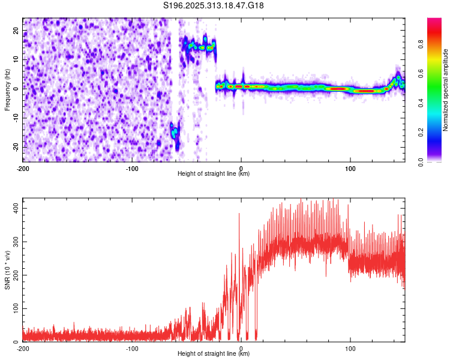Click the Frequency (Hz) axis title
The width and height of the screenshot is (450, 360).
pos(7,89)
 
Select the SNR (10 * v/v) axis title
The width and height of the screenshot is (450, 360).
pos(7,273)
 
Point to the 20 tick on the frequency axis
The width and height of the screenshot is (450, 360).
pos(16,30)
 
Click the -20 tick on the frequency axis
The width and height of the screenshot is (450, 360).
pos(14,147)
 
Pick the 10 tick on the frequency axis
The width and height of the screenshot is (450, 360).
pos(16,59)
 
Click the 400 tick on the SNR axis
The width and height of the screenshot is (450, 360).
pos(13,208)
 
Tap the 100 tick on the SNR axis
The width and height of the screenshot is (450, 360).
pos(13,308)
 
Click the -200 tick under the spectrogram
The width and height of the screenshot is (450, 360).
pos(23,167)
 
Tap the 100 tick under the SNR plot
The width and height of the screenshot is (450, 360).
pos(350,347)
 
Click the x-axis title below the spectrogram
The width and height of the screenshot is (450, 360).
pos(214,173)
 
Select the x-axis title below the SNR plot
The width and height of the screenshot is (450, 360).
pos(214,353)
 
